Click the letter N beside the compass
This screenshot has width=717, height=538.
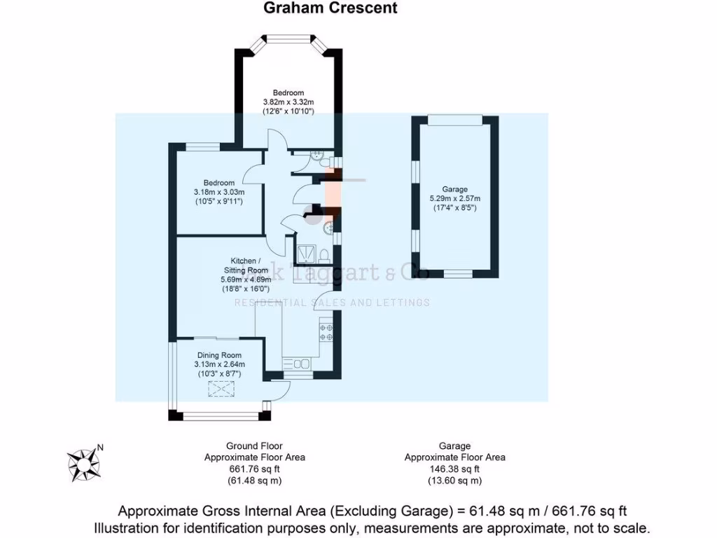click(100, 448)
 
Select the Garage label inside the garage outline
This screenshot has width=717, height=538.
click(454, 189)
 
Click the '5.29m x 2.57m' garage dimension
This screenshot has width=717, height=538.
click(454, 198)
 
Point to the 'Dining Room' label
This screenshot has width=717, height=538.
click(218, 355)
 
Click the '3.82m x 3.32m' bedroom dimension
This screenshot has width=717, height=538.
click(288, 102)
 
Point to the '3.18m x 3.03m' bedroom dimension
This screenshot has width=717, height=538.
click(218, 193)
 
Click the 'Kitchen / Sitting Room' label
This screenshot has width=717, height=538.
click(246, 265)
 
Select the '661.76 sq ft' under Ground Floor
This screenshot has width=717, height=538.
click(254, 469)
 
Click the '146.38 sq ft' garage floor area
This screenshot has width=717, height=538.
click(454, 469)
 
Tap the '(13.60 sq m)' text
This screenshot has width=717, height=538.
click(454, 481)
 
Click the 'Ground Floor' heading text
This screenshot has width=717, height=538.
click(254, 446)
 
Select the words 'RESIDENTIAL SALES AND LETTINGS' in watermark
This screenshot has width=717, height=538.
click(331, 303)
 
